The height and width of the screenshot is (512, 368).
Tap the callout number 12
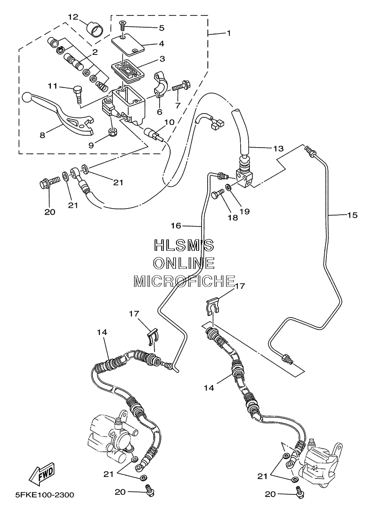pos(73,17)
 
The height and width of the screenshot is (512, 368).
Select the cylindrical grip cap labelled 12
pos(95,29)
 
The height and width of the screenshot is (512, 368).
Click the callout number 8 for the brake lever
pos(42,135)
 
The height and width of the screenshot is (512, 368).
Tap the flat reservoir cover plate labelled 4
pos(128,44)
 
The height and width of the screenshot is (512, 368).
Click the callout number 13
pos(278,148)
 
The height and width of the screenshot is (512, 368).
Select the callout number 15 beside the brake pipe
pos(352,215)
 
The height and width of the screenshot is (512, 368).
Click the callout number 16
pos(176,226)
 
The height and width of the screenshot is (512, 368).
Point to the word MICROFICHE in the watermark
pos(184,281)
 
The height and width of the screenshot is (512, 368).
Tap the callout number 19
pos(244,211)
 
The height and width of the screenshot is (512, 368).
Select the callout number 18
pos(233,217)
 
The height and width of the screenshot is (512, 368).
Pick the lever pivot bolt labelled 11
pos(77,96)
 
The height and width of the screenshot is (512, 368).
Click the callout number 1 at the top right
pos(228,33)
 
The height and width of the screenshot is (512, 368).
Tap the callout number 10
pos(169,122)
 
